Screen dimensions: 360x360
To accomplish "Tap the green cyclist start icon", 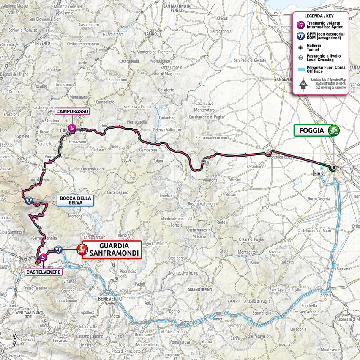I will (x=334, y=130).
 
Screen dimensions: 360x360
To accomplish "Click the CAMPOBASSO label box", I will (x=72, y=111).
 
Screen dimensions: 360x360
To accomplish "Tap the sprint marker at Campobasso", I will (x=72, y=126).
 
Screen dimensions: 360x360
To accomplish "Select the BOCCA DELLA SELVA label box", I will (x=75, y=201).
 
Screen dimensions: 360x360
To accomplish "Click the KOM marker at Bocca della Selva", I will (x=28, y=201).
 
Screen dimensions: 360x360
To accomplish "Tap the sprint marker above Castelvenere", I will (x=43, y=257).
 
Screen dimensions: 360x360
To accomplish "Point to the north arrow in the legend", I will (x=303, y=84).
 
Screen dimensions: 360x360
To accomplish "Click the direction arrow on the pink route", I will (x=245, y=156).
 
